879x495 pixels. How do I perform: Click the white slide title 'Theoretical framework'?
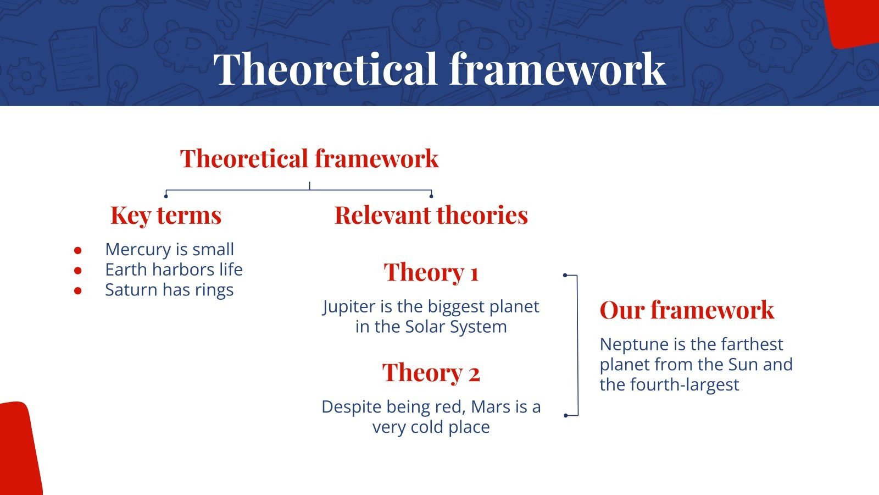click(x=439, y=69)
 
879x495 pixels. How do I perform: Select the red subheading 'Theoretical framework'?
click(x=309, y=158)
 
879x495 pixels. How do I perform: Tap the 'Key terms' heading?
click(x=166, y=215)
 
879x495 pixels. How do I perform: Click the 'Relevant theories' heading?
click(x=431, y=215)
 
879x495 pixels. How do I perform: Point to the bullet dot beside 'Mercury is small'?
click(x=77, y=250)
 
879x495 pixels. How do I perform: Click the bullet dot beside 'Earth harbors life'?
click(x=77, y=270)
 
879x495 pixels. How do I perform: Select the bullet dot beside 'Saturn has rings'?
click(x=77, y=291)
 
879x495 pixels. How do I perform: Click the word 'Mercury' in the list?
click(x=138, y=250)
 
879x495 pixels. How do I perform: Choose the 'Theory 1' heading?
click(x=431, y=272)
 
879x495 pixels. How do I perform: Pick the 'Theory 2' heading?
click(x=431, y=372)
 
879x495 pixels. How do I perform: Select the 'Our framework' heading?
click(x=687, y=310)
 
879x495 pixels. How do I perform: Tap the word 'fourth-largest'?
click(x=685, y=384)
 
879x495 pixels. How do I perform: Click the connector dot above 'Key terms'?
click(x=165, y=196)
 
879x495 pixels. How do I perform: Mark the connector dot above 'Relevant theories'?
click(x=431, y=196)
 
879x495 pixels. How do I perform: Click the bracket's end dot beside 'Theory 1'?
click(x=565, y=275)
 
